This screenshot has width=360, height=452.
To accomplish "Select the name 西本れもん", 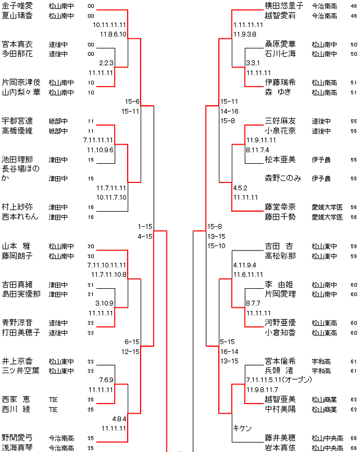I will [x=20, y=216].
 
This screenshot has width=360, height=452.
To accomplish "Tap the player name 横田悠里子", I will [x=284, y=6].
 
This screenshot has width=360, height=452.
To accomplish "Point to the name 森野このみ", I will [x=283, y=178].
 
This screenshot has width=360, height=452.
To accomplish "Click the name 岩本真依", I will [x=280, y=447].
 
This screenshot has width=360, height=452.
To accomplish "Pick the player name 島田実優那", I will [x=21, y=294].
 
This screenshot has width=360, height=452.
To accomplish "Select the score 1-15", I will [x=145, y=226].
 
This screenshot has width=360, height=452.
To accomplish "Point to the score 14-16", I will [x=229, y=111].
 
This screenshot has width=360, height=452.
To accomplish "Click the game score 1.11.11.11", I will [x=247, y=25].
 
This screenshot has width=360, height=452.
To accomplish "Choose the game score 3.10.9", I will [x=105, y=303].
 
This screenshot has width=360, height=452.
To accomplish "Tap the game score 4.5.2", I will [x=240, y=187].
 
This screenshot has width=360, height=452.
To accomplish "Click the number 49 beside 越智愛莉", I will [x=353, y=16].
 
